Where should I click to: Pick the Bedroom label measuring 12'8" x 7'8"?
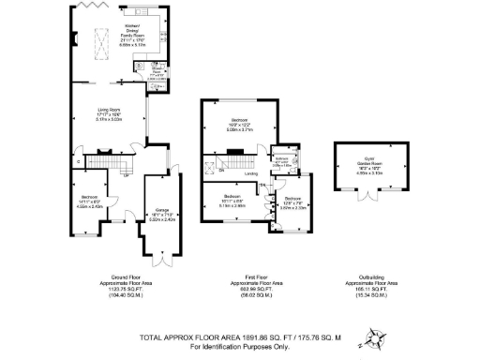(293, 202)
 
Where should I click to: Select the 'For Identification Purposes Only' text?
(239, 348)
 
